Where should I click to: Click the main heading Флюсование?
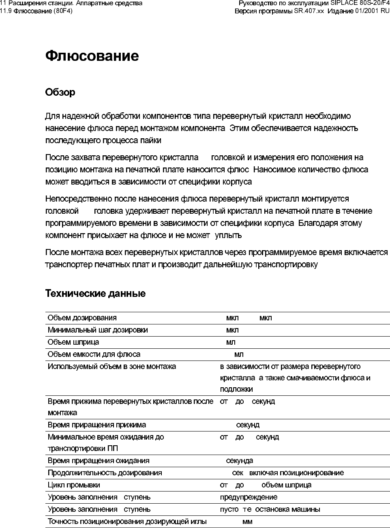92,56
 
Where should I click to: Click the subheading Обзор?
60,92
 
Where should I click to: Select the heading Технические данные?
95,294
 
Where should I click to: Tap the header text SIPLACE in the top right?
344,3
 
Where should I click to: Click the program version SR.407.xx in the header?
309,11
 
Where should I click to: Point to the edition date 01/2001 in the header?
366,11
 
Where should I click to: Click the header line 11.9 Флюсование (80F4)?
36,11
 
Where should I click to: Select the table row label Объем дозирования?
82,318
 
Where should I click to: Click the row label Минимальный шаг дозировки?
98,330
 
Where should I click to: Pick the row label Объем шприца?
73,342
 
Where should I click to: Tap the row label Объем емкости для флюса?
94,354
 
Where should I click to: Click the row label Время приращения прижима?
97,425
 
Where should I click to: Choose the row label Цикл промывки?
74,485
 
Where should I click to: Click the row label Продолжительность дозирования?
105,473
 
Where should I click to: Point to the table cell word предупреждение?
249,497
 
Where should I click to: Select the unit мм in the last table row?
247,522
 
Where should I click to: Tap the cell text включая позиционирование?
296,473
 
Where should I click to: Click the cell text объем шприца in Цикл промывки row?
286,485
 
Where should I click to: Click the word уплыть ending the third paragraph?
228,235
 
